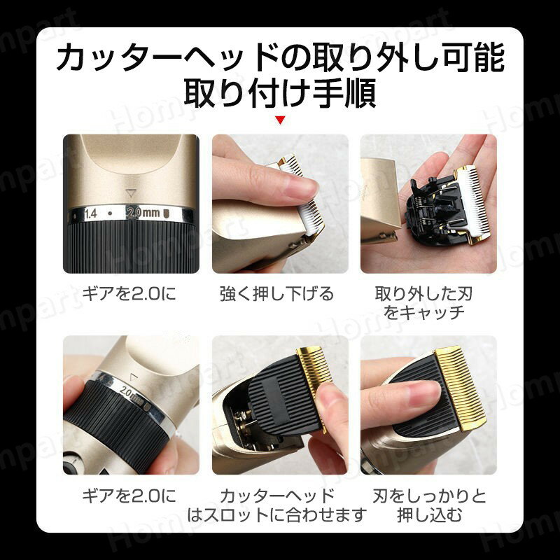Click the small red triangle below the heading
[281, 120]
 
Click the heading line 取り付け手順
[280, 93]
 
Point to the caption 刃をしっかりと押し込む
[428, 505]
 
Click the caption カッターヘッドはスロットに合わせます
[277, 505]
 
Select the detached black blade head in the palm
[437, 206]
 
